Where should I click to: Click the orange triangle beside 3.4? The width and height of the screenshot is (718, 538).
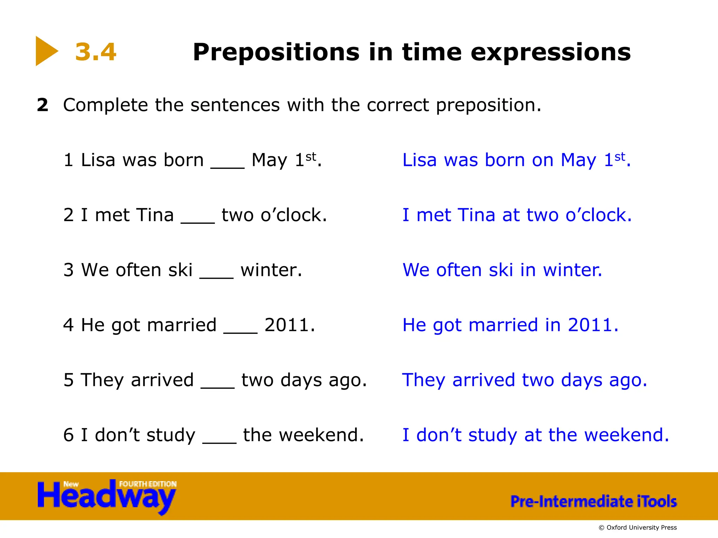point(46,51)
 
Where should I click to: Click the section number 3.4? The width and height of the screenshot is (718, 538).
point(95,52)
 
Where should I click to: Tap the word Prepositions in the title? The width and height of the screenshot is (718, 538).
point(276,53)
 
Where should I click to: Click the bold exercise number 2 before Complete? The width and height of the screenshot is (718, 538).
point(42,105)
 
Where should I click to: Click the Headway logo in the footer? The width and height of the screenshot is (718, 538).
point(107,496)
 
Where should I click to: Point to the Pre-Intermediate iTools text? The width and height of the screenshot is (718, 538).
point(593,501)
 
